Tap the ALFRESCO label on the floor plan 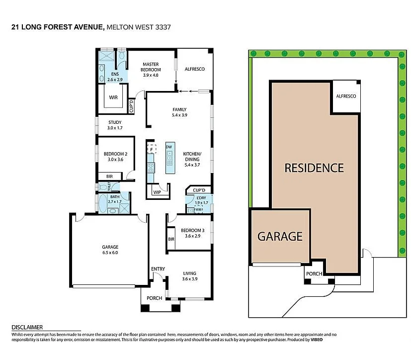point(195,69)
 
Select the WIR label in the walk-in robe point(114,97)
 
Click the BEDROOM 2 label point(115,157)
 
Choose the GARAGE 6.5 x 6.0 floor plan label point(110,250)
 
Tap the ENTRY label point(158,269)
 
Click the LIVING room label point(189,276)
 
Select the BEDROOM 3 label point(192,233)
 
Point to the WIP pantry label point(157,192)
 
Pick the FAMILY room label point(179,112)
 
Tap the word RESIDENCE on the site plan point(314,168)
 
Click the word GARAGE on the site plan point(279,236)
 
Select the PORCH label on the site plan point(314,274)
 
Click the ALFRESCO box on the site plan point(345,96)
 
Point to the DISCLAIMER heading point(27,327)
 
